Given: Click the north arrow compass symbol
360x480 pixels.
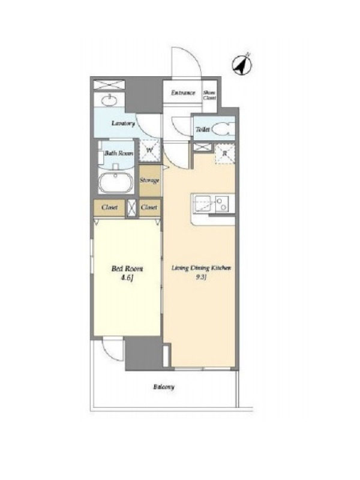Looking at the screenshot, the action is click(x=242, y=65).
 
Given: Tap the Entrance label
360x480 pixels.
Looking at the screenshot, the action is click(x=183, y=93).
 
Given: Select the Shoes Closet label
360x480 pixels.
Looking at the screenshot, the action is click(x=209, y=95).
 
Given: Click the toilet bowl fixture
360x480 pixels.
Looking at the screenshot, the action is click(x=223, y=129).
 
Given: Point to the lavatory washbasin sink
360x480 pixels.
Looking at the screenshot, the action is click(x=109, y=100).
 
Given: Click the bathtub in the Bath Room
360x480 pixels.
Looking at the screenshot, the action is click(x=116, y=182).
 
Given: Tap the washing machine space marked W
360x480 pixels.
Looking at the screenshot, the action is click(x=149, y=150).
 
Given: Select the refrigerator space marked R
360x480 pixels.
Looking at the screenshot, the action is click(x=225, y=154).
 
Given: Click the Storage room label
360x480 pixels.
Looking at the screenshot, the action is click(x=149, y=180).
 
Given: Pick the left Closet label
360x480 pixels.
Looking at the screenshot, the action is click(x=109, y=207).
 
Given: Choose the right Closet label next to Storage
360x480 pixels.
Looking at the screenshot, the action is click(x=149, y=207).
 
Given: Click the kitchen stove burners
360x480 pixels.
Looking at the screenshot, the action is click(x=221, y=204).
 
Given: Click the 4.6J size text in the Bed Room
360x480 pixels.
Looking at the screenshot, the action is click(x=127, y=278).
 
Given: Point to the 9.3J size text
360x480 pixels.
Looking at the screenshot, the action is click(x=201, y=278).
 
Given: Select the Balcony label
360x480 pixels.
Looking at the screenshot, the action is click(x=164, y=386).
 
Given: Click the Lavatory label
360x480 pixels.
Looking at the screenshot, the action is click(x=123, y=124).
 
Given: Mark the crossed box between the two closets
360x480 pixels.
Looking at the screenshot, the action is click(x=132, y=208).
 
